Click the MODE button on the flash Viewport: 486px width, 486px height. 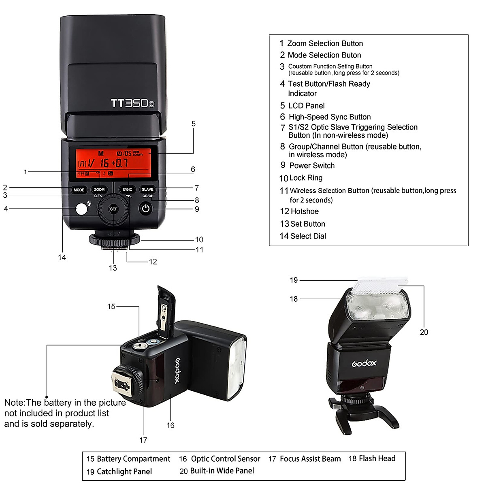click(x=79, y=190)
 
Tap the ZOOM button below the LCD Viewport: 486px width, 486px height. click(x=99, y=190)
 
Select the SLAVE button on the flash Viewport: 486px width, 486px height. click(x=147, y=190)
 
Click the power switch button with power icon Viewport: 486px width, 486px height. click(x=146, y=209)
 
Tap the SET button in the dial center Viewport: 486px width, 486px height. click(x=113, y=209)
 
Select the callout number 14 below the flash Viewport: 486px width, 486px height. click(x=62, y=258)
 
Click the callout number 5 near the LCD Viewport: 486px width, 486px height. click(x=194, y=124)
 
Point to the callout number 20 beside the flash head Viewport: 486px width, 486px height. click(x=424, y=332)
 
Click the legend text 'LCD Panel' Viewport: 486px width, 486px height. click(x=306, y=106)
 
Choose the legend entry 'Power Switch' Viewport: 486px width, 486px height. click(x=312, y=166)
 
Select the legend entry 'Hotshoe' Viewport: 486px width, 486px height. click(x=305, y=211)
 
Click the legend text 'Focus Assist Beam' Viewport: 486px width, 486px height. click(x=310, y=459)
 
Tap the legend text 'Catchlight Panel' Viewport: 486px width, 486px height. click(x=124, y=471)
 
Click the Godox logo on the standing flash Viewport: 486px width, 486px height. click(x=364, y=363)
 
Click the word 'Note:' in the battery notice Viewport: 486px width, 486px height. click(x=15, y=403)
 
